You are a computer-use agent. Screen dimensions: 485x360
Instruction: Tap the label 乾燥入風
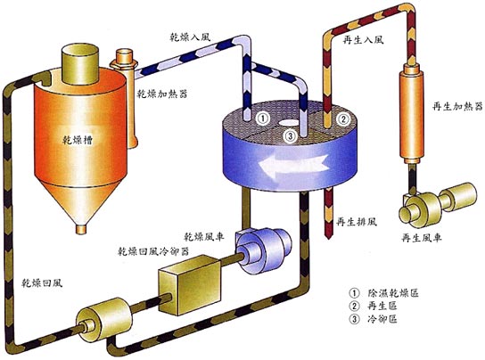tap(191, 37)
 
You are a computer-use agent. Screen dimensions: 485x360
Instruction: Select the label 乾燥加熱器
tap(162, 94)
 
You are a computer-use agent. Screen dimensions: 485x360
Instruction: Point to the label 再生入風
tap(363, 40)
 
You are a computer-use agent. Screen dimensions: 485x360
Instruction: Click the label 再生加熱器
tap(457, 106)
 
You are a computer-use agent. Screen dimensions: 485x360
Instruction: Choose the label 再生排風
tap(357, 222)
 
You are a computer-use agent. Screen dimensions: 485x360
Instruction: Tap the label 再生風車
tap(422, 238)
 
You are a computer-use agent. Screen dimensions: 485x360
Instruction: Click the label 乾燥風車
tap(204, 237)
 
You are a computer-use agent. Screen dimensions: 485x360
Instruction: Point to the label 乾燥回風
tap(42, 282)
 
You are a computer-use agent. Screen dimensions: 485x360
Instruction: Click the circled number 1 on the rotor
tap(262, 119)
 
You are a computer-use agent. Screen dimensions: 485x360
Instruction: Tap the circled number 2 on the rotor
tap(343, 119)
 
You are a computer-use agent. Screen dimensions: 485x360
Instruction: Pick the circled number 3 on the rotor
tap(291, 135)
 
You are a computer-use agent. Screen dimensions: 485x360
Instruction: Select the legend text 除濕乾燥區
tap(393, 292)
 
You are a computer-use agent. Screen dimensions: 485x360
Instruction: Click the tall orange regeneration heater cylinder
tap(411, 113)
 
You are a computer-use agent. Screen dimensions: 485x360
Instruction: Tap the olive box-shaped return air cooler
tap(189, 284)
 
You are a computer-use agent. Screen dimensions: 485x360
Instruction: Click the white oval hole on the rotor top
tap(289, 123)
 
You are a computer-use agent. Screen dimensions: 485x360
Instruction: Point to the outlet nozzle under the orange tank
tap(81, 229)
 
